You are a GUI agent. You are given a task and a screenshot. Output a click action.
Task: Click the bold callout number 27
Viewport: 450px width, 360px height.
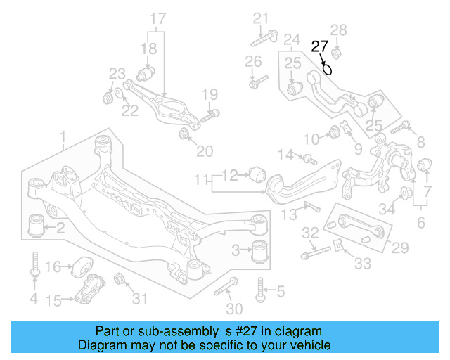click(x=320, y=47)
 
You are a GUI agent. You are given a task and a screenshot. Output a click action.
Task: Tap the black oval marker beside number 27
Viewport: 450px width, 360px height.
click(x=328, y=68)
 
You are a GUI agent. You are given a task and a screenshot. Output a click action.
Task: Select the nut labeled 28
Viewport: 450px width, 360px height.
click(x=337, y=51)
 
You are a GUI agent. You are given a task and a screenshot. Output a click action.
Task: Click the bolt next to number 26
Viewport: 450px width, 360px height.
click(x=258, y=81)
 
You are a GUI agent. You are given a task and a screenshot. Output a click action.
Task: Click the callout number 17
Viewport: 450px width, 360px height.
click(x=158, y=17)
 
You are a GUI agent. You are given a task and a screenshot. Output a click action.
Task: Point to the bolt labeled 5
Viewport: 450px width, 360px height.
click(x=262, y=288)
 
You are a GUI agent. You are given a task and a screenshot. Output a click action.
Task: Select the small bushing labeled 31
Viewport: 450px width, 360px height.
click(x=120, y=278)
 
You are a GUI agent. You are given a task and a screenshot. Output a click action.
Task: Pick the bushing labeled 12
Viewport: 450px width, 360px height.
click(x=257, y=172)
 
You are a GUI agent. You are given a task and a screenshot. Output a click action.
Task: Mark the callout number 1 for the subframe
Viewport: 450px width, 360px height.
click(x=63, y=136)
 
